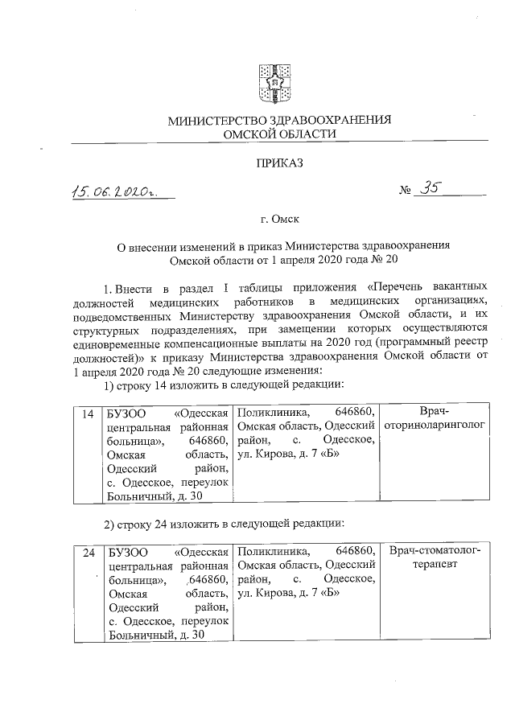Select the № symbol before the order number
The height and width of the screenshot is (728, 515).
point(405,191)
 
